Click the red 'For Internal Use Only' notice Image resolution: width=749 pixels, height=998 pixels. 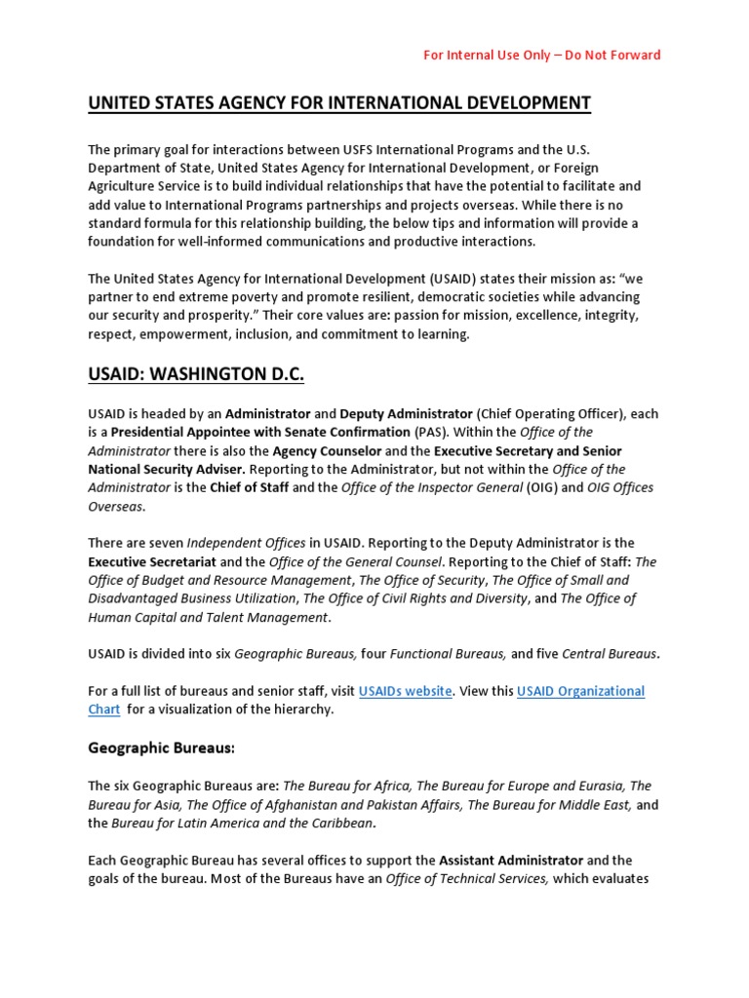[x=541, y=55]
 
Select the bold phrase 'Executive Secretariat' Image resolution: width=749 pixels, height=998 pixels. [x=151, y=561]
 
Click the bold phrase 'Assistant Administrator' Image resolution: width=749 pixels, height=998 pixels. [x=511, y=861]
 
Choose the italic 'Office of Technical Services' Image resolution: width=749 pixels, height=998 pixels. [x=468, y=879]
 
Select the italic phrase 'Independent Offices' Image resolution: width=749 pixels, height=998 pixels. [x=245, y=543]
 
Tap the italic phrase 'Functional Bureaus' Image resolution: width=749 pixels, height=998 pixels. [x=448, y=654]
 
